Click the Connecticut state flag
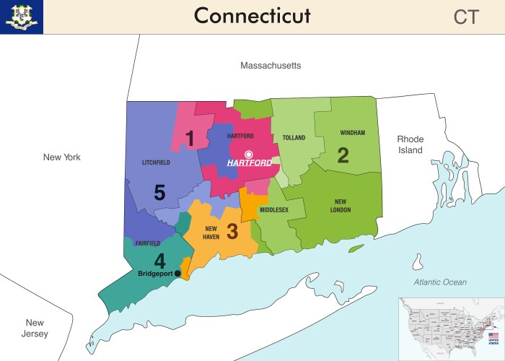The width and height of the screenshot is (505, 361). click(x=22, y=17)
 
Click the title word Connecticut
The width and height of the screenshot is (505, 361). click(x=252, y=15)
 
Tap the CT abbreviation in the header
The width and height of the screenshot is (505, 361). click(x=466, y=17)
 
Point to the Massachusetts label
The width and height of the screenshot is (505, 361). click(x=271, y=66)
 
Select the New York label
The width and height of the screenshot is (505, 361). click(x=62, y=157)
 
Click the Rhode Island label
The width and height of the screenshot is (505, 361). click(x=410, y=144)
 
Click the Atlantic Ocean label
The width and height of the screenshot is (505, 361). click(x=440, y=282)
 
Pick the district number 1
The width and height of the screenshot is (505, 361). click(x=190, y=138)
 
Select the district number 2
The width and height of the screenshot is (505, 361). click(x=343, y=155)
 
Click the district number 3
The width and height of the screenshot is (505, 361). click(x=232, y=232)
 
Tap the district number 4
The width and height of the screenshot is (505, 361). click(x=159, y=260)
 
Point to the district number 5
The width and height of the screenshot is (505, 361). click(x=159, y=193)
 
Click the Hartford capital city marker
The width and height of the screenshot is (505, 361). click(x=249, y=154)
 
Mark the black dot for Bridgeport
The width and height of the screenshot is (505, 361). click(x=178, y=273)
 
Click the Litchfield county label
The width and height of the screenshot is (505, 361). click(x=156, y=162)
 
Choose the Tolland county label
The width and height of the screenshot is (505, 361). click(x=294, y=137)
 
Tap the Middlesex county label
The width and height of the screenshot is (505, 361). click(x=274, y=210)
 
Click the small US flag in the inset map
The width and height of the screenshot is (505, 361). click(x=493, y=336)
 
